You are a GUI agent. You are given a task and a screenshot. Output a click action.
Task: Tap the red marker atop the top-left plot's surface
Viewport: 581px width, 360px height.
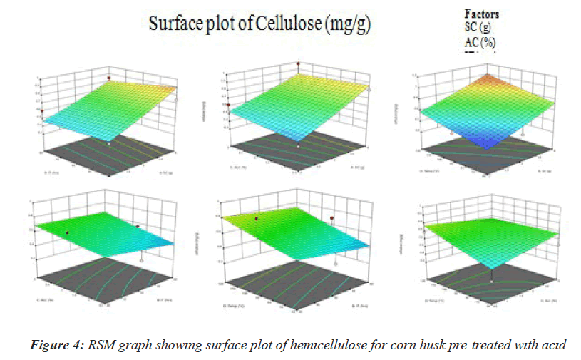pyautogui.click(x=109, y=77)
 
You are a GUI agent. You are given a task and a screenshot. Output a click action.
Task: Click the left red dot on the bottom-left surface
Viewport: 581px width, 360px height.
pyautogui.click(x=67, y=232)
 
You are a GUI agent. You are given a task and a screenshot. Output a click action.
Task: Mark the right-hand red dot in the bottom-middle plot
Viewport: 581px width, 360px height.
pyautogui.click(x=332, y=217)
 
